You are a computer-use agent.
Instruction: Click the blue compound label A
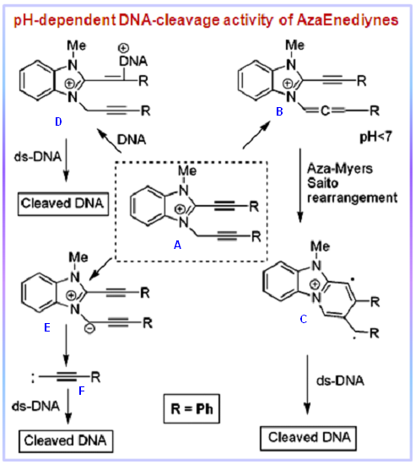(x=177, y=245)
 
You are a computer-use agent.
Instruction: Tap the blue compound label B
(x=279, y=111)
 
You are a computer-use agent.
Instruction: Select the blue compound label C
(x=304, y=319)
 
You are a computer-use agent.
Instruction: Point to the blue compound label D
(x=58, y=121)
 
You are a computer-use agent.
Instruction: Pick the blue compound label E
(x=47, y=327)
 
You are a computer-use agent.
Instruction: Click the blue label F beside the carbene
(x=82, y=391)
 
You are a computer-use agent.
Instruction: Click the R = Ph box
(x=191, y=408)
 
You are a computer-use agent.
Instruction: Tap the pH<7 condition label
(x=375, y=137)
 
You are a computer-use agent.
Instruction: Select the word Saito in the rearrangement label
(x=322, y=183)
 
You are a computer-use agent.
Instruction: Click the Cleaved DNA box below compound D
(x=63, y=203)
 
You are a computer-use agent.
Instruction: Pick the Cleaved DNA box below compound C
(x=308, y=438)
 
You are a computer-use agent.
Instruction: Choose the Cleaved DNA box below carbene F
(x=66, y=441)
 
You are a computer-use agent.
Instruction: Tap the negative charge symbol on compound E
(x=90, y=329)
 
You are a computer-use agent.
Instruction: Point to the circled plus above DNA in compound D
(x=123, y=47)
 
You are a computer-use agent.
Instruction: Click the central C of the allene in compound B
(x=325, y=111)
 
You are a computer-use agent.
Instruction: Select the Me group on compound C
(x=320, y=246)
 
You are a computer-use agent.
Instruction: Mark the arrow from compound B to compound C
(x=300, y=186)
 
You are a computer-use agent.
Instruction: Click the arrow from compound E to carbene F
(x=66, y=345)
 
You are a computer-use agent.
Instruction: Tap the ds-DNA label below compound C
(x=340, y=380)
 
